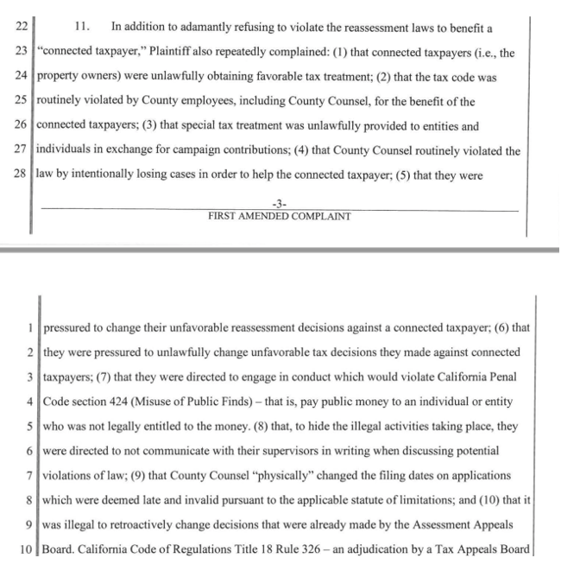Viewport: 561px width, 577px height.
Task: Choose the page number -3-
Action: click(279, 204)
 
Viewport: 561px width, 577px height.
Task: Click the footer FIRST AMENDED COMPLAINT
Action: click(279, 216)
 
